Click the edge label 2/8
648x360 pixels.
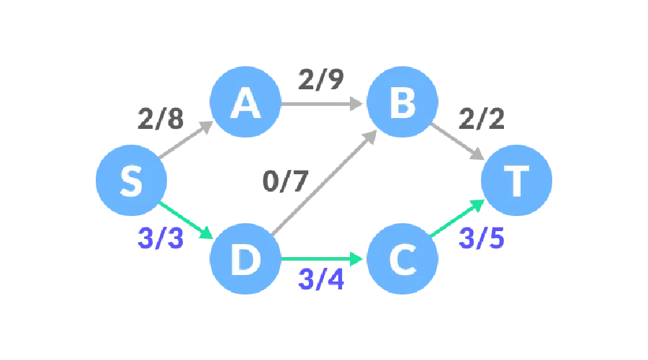(161, 120)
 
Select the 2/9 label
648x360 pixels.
(320, 80)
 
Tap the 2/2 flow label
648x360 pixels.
(480, 119)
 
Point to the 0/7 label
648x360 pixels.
(285, 181)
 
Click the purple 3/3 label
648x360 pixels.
(160, 238)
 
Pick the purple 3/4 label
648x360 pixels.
(320, 279)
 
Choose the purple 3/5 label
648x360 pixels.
(481, 238)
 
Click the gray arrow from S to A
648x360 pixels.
(185, 140)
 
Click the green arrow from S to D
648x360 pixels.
(186, 220)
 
